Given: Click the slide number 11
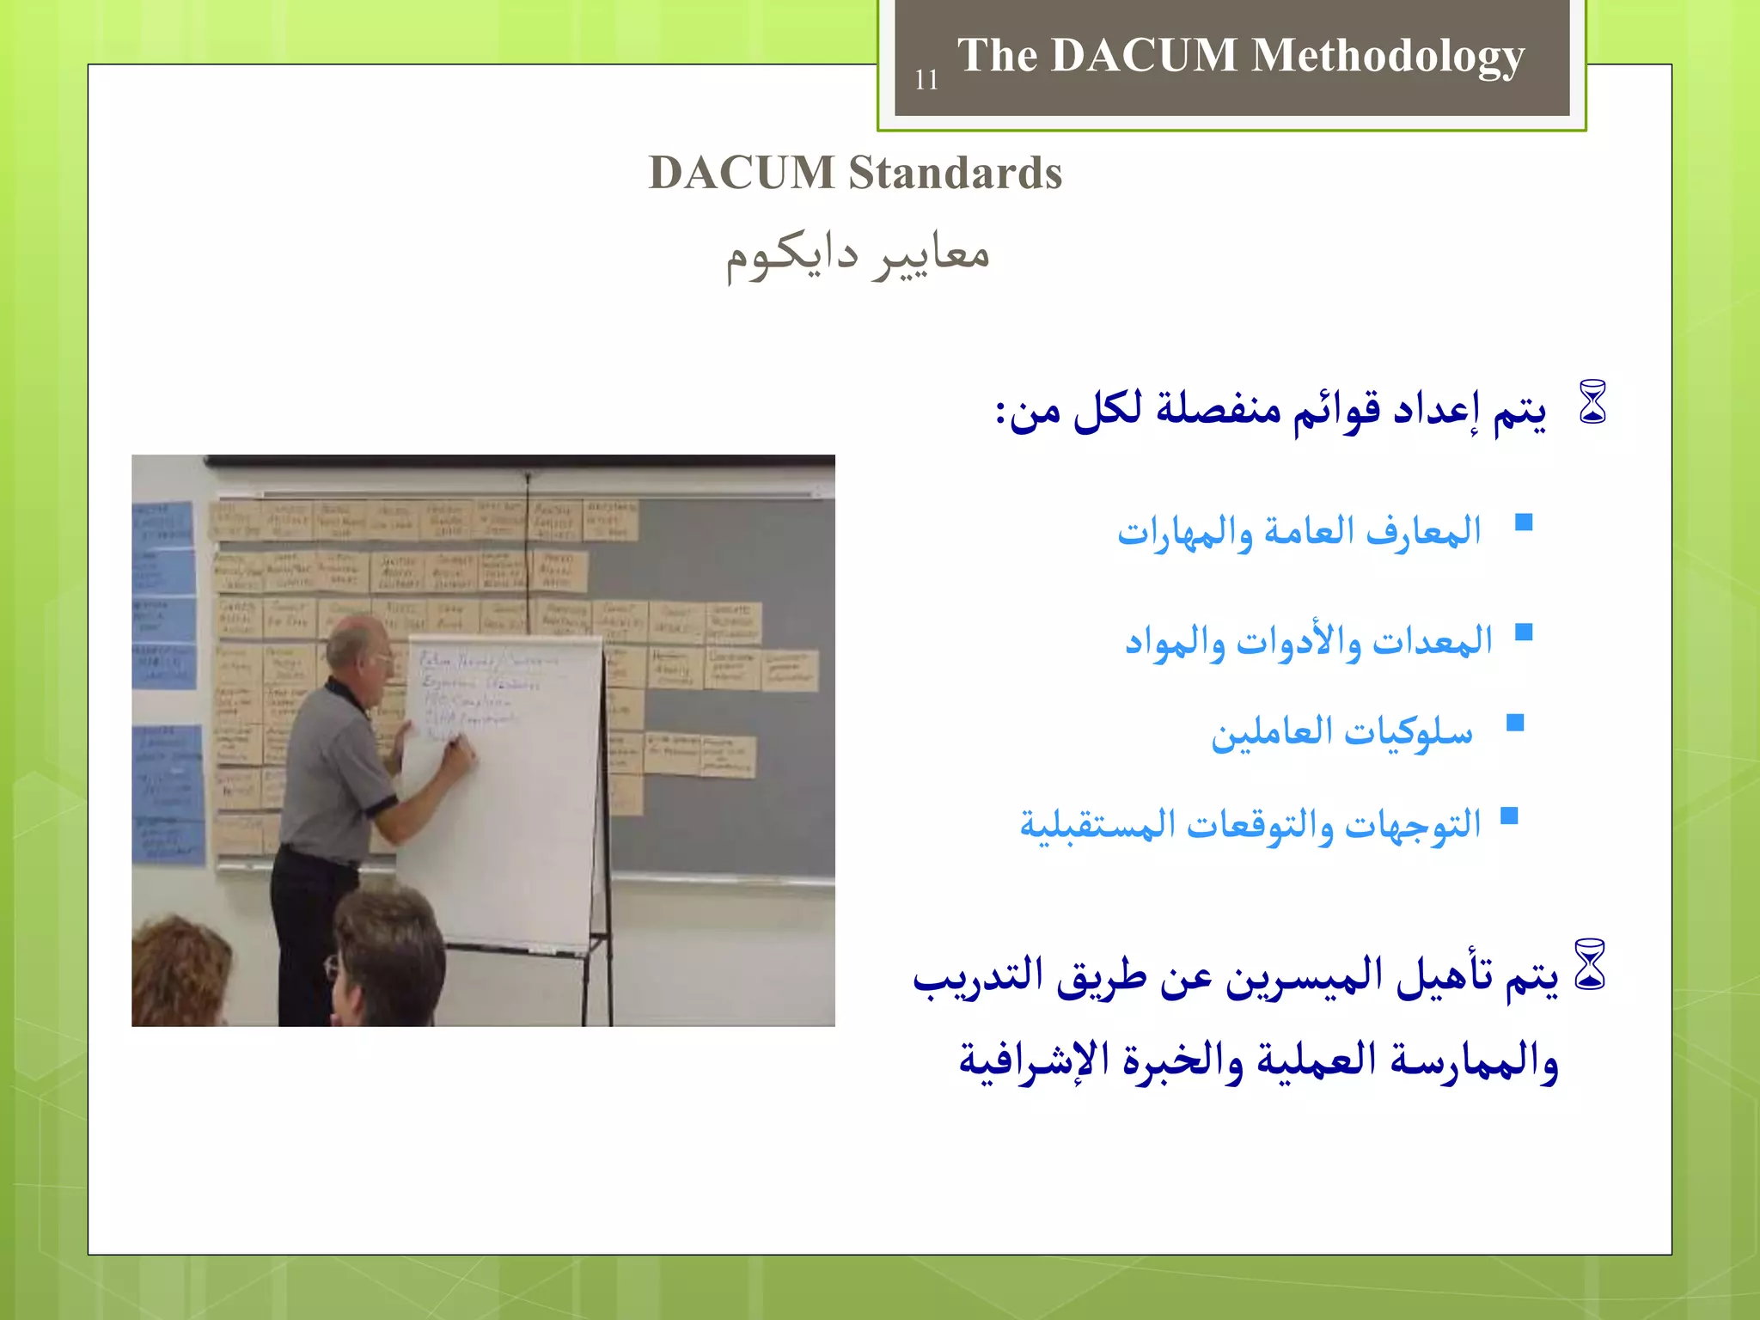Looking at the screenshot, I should point(926,80).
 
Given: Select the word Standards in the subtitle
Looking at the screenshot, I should point(955,173).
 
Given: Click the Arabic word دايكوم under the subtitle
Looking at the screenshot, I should point(791,256).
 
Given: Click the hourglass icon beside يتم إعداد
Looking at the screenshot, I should point(1592,402).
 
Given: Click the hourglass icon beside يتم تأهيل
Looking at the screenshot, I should point(1590,964).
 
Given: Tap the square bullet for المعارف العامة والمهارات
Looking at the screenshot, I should point(1524,522).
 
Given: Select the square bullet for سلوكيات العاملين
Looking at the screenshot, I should point(1515,723).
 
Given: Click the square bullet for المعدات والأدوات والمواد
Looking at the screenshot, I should point(1524,632).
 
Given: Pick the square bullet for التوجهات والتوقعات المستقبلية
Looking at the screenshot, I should point(1509,816).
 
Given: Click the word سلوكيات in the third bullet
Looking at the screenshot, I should point(1409,733).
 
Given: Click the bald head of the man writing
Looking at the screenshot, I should point(354,640).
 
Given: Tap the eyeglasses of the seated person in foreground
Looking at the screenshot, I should point(333,969).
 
